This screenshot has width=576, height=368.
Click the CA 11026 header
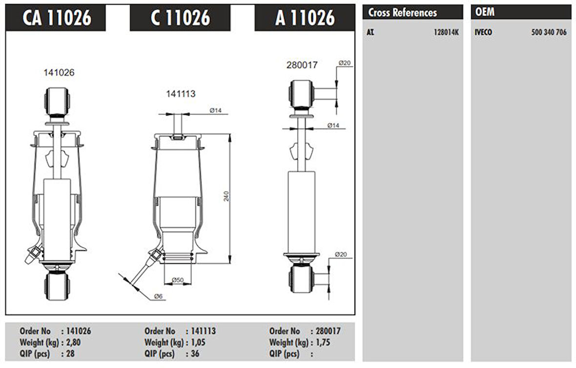coord(57,18)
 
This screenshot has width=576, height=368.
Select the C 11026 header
coord(180,18)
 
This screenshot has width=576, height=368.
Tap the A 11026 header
coord(305,18)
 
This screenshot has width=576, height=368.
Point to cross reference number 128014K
coord(446,33)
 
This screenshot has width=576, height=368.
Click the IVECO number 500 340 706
coord(549,33)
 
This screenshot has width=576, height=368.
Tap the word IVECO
coord(483,33)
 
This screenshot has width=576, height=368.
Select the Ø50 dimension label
coord(178,280)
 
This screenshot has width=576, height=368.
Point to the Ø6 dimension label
coord(158,297)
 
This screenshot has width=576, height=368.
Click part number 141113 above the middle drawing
coord(181,94)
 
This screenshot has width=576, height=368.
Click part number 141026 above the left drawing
coord(59,72)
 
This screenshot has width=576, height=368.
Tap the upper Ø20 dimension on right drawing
coord(345,63)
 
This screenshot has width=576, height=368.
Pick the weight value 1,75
coord(323,342)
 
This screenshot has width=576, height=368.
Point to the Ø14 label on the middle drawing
coord(216,110)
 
